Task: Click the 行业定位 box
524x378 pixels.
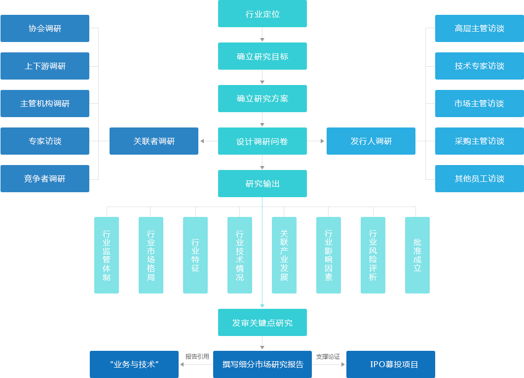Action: coord(262,14)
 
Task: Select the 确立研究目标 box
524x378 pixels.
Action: coord(262,56)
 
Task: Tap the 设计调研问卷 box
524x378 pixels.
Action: coord(262,141)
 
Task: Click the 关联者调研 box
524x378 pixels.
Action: coord(153,141)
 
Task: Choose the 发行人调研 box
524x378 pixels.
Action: coord(371,141)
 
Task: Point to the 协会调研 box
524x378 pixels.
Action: coord(45,29)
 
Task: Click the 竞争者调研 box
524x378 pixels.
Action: coord(45,179)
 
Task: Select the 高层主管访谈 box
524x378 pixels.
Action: coord(479,29)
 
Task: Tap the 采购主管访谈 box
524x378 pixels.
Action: coord(479,141)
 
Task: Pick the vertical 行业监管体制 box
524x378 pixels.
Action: coord(107,255)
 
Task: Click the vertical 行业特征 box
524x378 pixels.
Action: coord(195,255)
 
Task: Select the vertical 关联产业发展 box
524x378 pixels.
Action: coord(284,255)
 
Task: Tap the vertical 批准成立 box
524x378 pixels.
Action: coord(417,255)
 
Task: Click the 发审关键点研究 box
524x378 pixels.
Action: coord(262,323)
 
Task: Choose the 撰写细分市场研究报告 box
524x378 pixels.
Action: coord(262,365)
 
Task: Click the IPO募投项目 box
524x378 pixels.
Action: coord(390,365)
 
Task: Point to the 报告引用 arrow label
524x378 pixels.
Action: coord(197,356)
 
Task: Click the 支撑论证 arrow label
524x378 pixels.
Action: coord(328,356)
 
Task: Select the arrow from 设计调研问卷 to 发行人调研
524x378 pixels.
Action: coord(316,141)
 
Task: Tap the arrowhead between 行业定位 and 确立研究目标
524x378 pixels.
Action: coord(262,39)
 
